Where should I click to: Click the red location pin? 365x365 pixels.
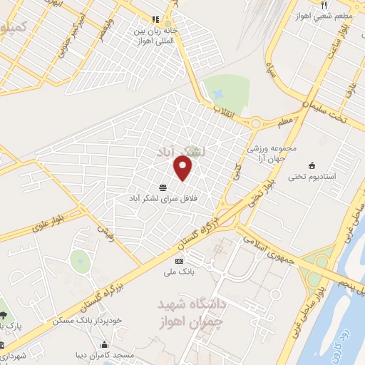(x=184, y=168)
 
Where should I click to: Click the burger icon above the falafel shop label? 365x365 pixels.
(x=165, y=187)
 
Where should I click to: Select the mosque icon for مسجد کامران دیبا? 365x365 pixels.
(x=76, y=354)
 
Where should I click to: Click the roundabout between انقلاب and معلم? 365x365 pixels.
(x=255, y=123)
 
